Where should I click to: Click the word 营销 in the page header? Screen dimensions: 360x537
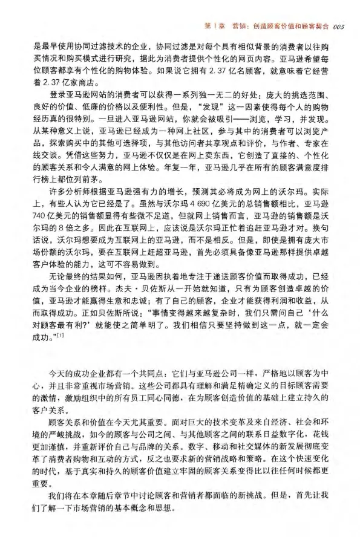coord(242,10)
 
